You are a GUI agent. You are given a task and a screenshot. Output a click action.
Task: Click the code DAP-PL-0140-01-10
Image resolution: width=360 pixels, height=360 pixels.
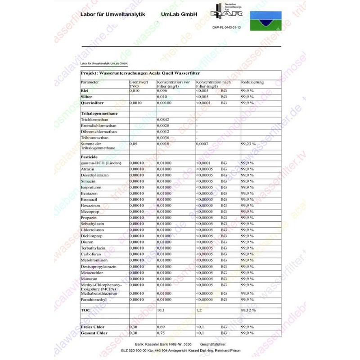click(226, 27)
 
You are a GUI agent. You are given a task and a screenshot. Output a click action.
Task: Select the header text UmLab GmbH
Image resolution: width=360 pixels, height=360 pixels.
click(179, 14)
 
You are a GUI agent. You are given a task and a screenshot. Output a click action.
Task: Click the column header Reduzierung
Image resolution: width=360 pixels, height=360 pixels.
click(252, 83)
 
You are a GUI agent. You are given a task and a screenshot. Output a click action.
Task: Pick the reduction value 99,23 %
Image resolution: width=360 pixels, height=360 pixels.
click(248, 144)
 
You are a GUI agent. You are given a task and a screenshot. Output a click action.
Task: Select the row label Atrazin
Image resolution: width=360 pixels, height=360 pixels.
click(87, 169)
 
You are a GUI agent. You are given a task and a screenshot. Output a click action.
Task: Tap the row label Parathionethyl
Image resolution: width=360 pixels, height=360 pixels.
click(94, 299)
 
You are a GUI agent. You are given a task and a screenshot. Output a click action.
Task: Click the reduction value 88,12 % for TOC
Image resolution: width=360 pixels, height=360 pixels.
click(248, 310)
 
